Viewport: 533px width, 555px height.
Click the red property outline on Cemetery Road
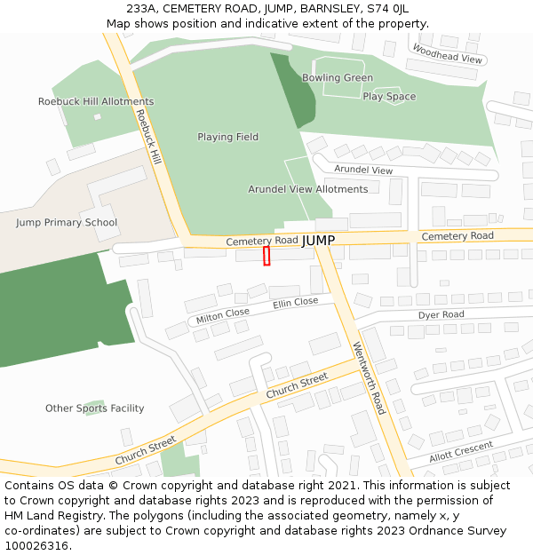(x=266, y=256)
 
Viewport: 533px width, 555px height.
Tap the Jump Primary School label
(x=67, y=223)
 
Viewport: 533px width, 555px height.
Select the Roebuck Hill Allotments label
(x=96, y=102)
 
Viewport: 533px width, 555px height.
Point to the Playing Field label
(x=227, y=137)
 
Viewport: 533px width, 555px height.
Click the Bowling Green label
(x=338, y=78)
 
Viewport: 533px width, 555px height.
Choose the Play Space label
(x=389, y=97)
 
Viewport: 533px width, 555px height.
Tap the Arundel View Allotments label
(x=307, y=189)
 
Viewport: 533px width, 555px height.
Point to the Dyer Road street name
(x=441, y=315)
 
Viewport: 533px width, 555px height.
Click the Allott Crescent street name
(x=461, y=452)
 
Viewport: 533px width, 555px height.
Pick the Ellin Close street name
(x=295, y=303)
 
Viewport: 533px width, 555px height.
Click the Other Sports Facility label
(x=95, y=408)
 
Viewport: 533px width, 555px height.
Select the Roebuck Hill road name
(x=148, y=138)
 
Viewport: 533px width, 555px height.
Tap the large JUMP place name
(x=318, y=241)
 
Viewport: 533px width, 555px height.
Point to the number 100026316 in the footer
(x=36, y=546)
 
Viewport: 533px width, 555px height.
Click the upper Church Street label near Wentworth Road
(x=297, y=386)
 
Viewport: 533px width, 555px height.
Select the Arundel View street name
(x=363, y=170)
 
